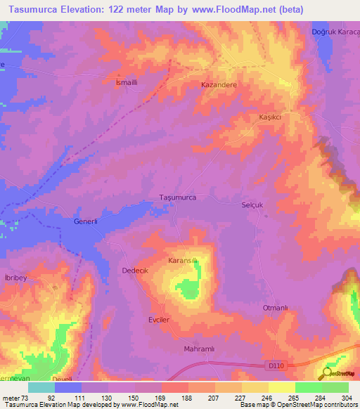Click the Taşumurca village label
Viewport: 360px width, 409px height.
(182, 198)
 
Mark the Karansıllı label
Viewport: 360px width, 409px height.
(186, 261)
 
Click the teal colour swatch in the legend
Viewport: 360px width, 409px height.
(41, 387)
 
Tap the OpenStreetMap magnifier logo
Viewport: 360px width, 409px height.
(326, 374)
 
